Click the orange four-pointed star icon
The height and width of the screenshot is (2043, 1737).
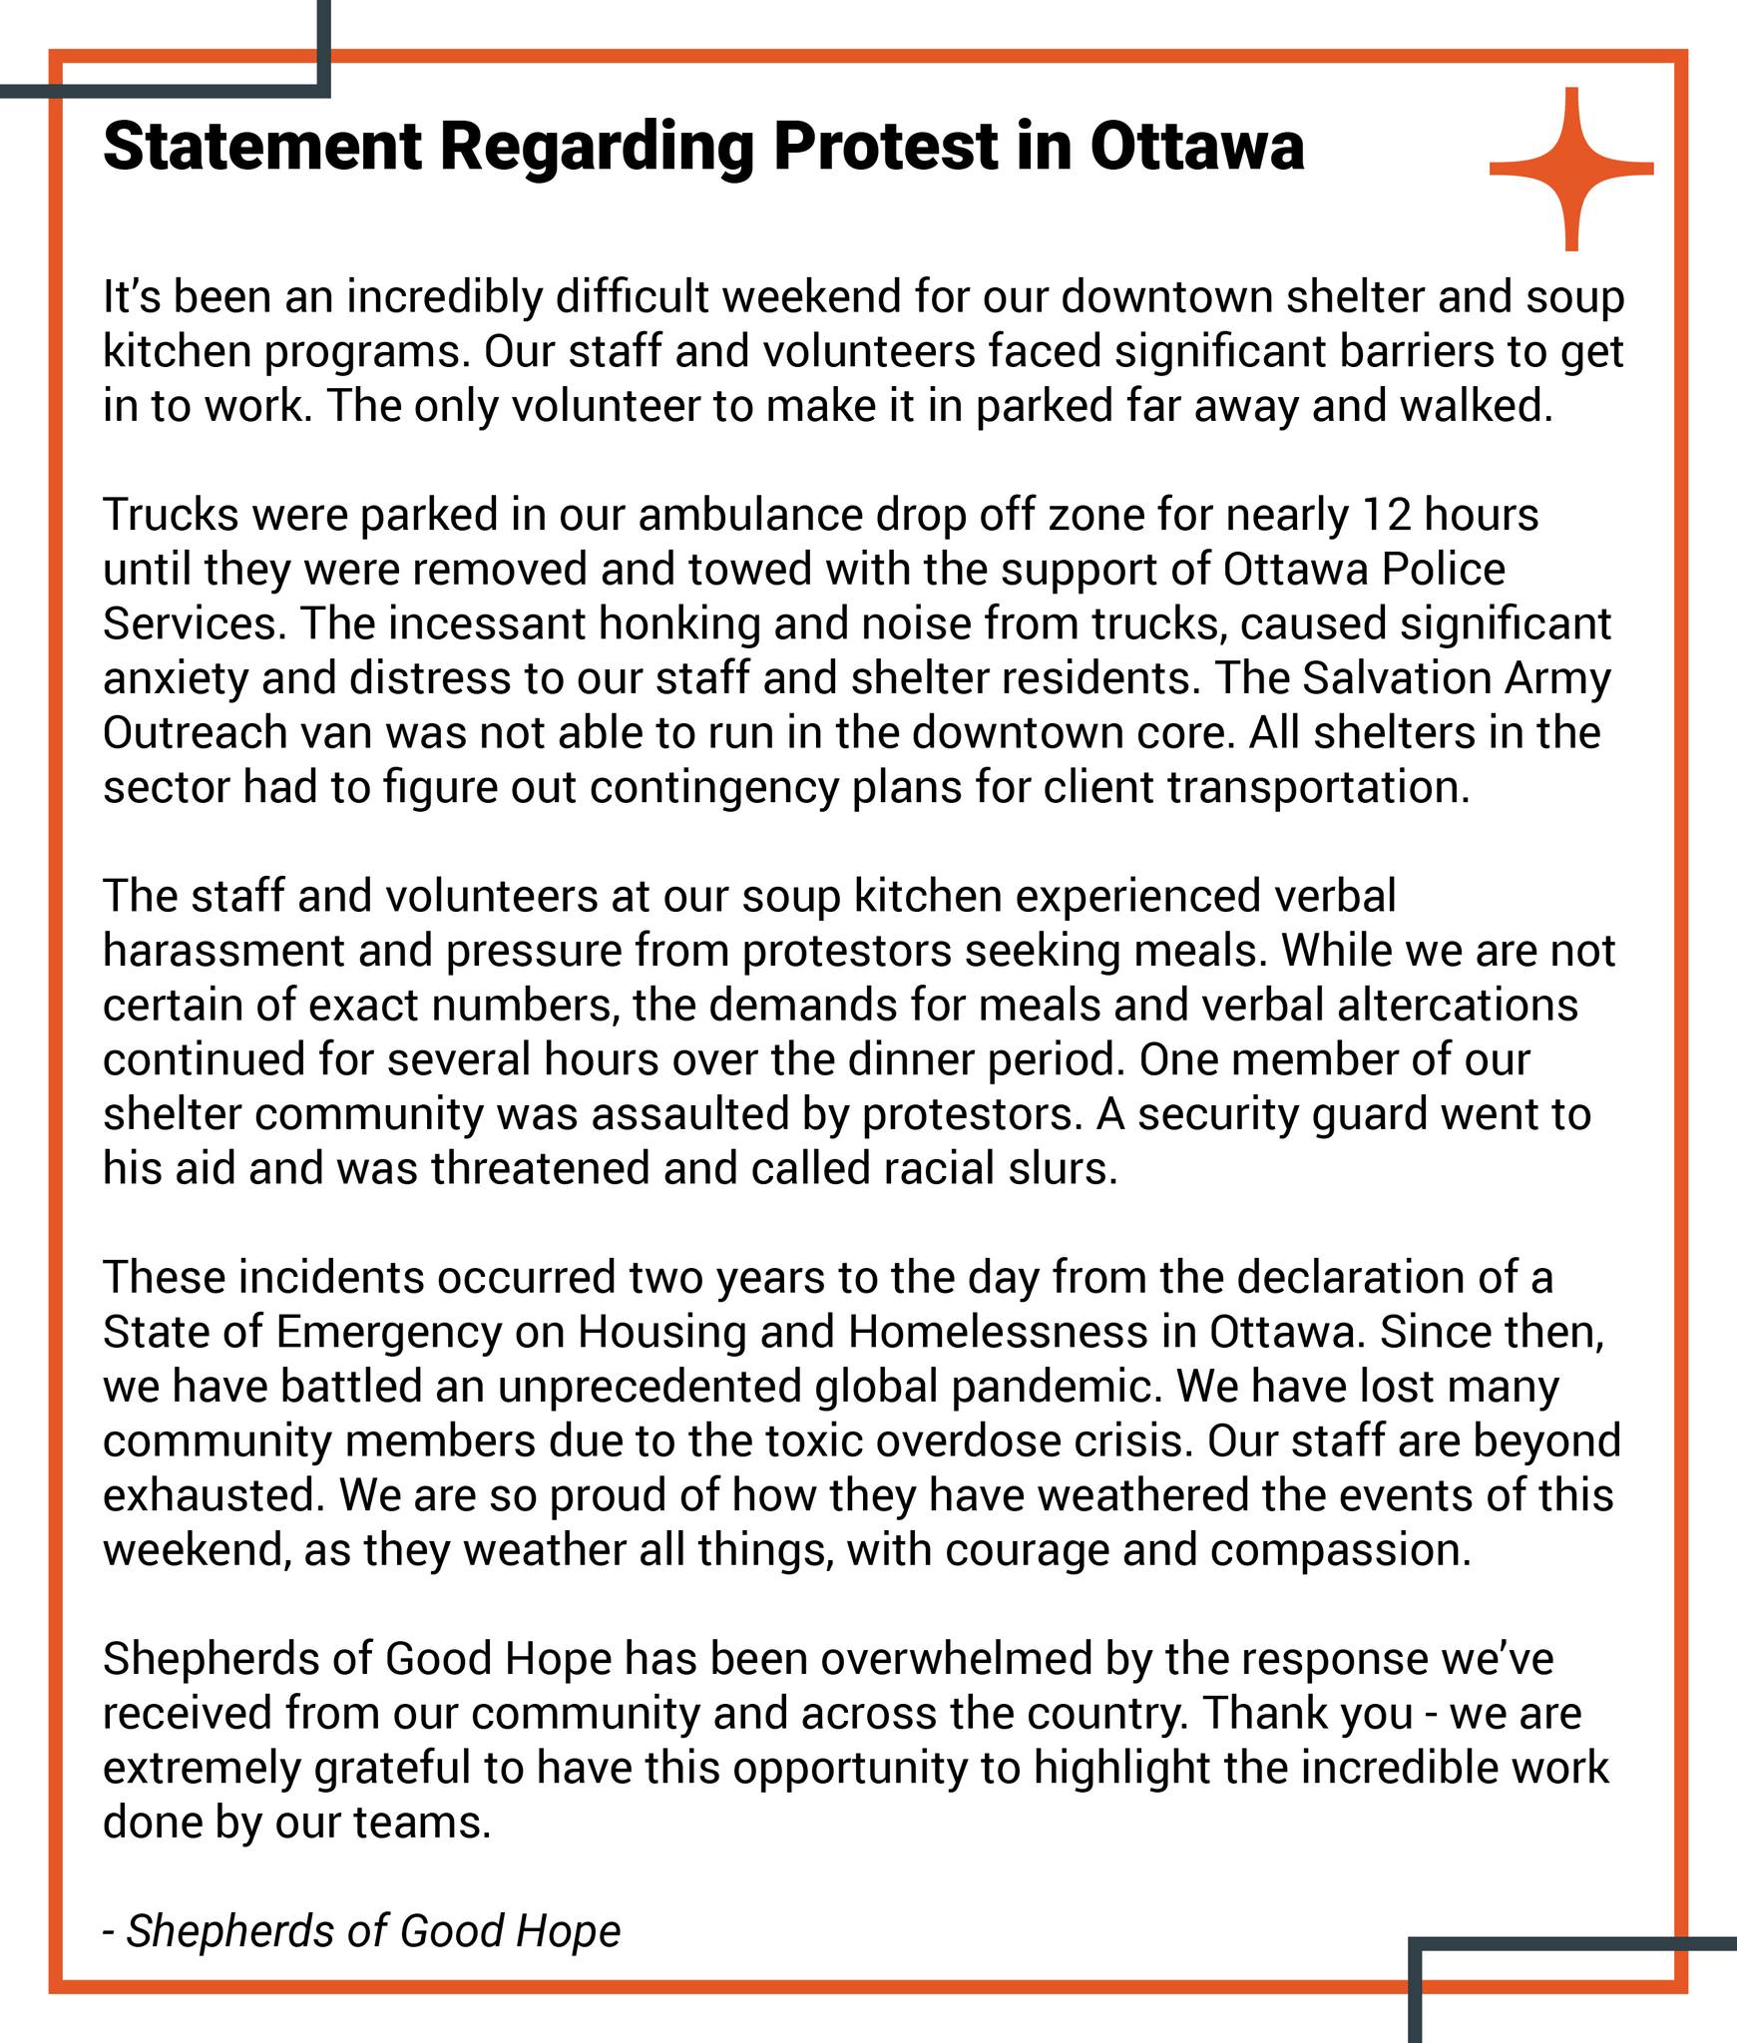pyautogui.click(x=1571, y=169)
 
